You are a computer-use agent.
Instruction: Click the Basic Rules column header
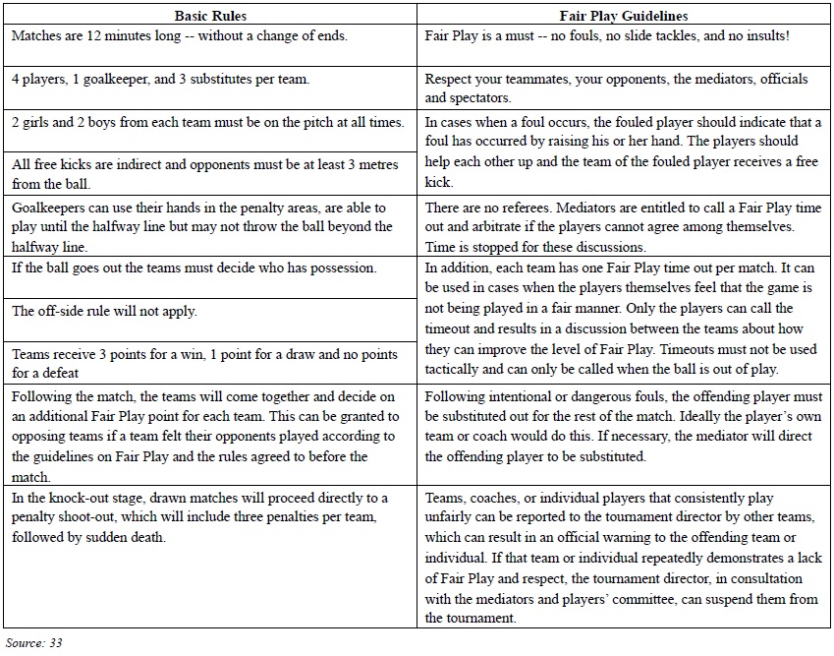tap(210, 16)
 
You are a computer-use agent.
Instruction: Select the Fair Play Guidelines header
tap(623, 16)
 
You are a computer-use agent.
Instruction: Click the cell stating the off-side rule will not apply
tap(104, 311)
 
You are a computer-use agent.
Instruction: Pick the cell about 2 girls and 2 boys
tap(207, 122)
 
